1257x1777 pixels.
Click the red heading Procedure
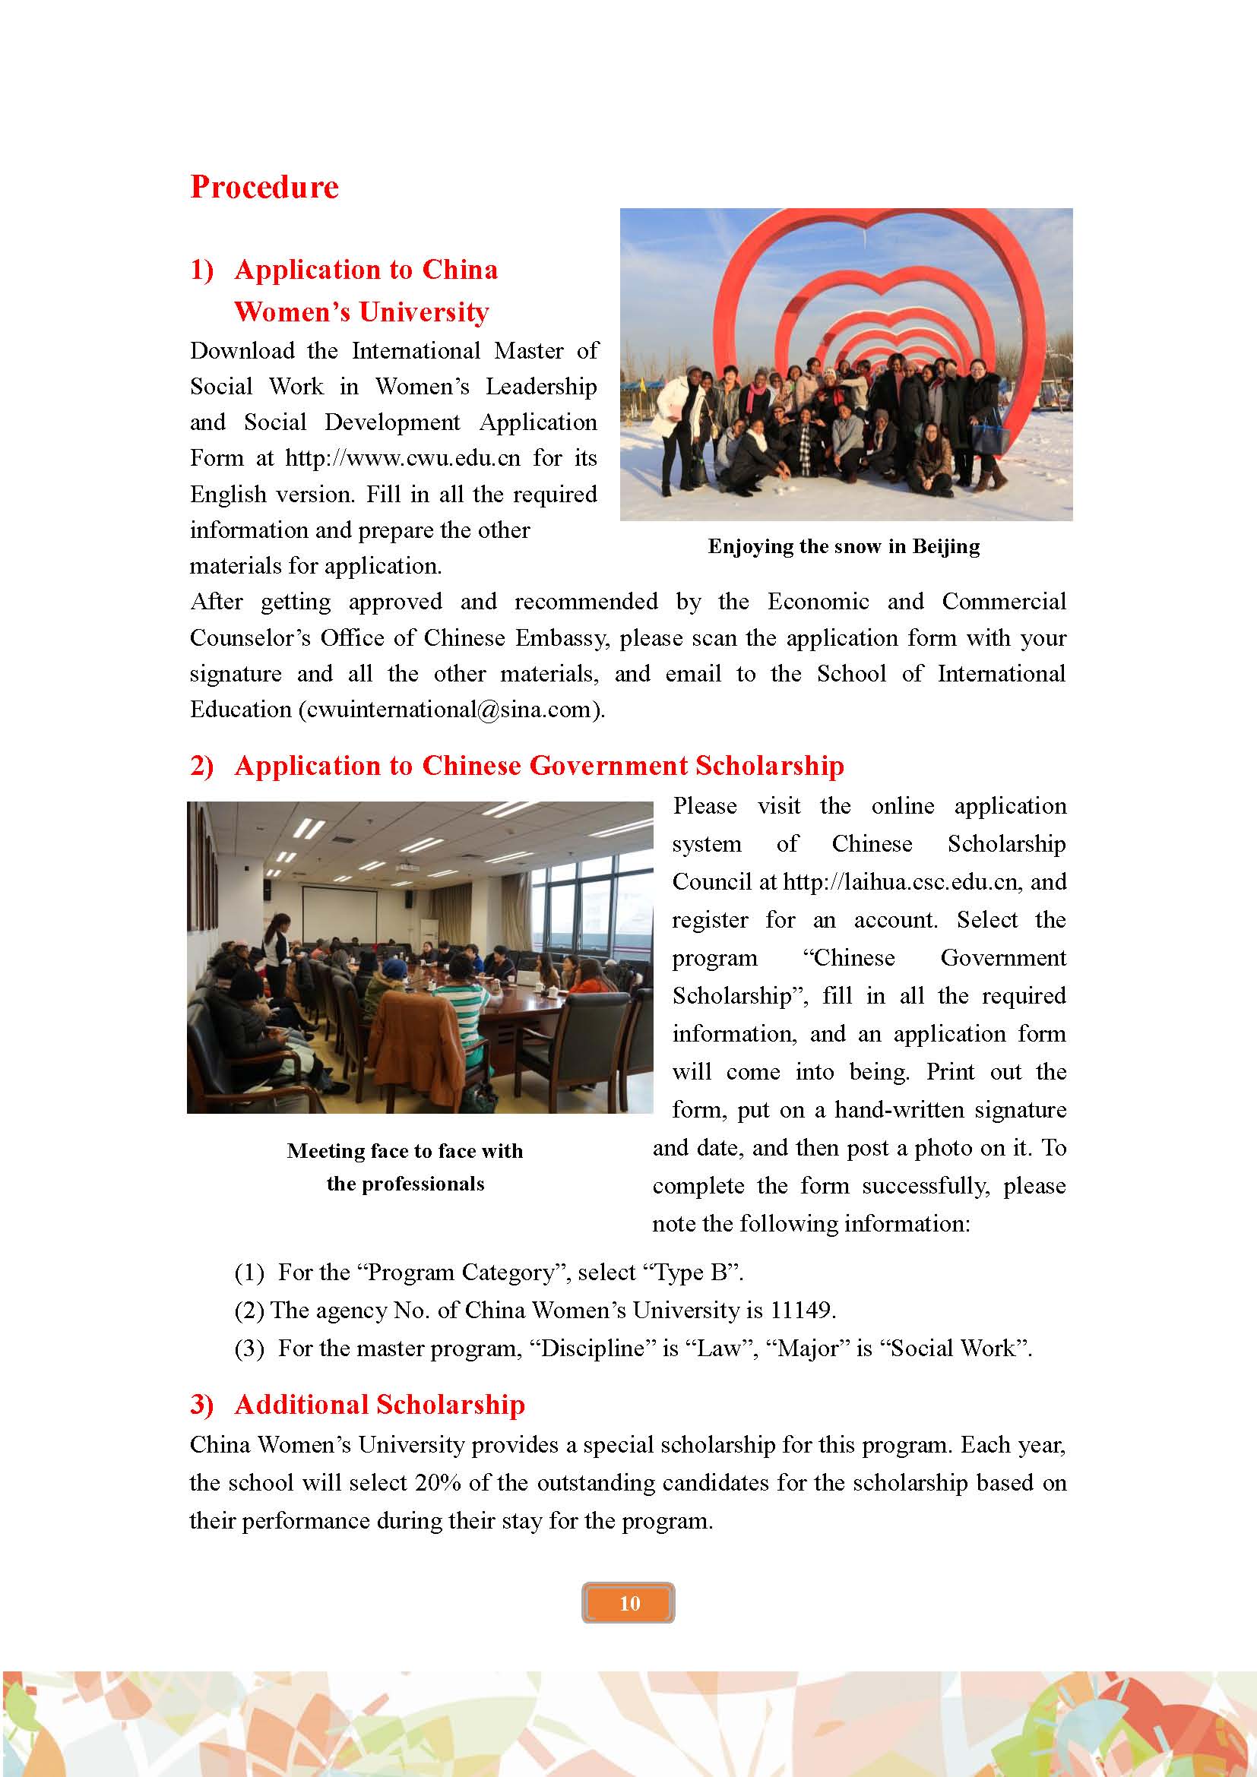coord(264,188)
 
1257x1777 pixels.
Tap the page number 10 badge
coord(628,1603)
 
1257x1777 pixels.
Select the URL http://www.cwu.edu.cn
coord(403,458)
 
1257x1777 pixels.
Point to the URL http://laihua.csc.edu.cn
coord(900,881)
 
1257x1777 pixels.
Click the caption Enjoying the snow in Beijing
coord(844,546)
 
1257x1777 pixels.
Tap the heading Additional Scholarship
coord(379,1404)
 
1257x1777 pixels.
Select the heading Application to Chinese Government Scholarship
coord(539,766)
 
